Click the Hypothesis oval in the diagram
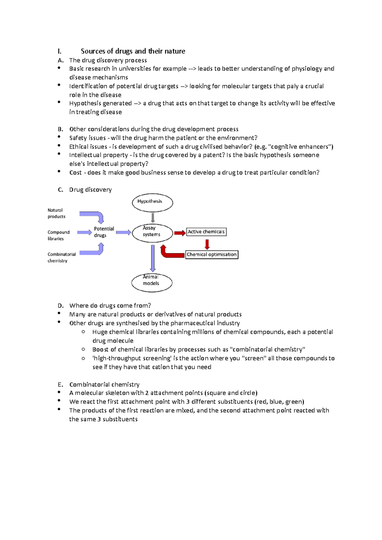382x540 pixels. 152,203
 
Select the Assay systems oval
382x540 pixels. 152,233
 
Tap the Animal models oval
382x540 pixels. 152,282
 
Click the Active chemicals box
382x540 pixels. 206,232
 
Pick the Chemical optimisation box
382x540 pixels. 212,254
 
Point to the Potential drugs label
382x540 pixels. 103,232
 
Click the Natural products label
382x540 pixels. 56,213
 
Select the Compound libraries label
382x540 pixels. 58,235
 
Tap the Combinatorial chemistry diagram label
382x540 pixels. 61,257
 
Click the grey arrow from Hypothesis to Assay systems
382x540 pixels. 153,218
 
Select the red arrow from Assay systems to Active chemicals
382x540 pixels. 180,233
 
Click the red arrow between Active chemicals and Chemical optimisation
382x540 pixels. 207,244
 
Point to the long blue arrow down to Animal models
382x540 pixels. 153,258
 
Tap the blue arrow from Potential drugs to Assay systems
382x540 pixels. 123,232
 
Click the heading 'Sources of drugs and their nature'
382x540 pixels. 133,51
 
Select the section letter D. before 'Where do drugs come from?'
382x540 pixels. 60,306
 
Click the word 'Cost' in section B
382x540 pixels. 75,173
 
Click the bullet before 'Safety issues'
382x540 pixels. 59,137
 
